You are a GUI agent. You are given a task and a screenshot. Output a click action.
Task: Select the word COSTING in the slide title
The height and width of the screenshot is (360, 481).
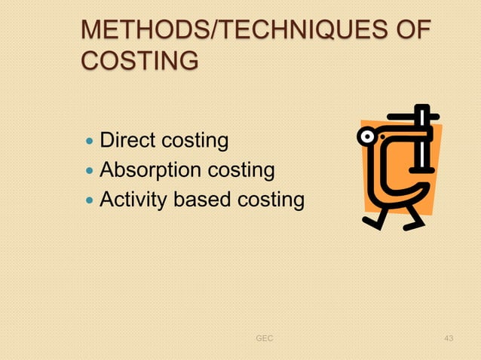(x=140, y=59)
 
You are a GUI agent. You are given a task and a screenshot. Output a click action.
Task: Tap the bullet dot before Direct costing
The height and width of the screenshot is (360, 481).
(x=90, y=141)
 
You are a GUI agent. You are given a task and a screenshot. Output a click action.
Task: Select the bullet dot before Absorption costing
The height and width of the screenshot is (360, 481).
(x=90, y=171)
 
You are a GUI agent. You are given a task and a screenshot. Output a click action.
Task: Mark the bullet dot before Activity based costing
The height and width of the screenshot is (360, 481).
(x=90, y=201)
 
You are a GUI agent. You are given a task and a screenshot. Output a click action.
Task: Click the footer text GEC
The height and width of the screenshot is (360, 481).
(x=265, y=339)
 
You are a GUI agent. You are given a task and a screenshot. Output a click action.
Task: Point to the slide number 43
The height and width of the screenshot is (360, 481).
(x=449, y=339)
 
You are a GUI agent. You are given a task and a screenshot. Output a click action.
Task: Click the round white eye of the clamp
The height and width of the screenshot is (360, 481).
(x=368, y=137)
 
